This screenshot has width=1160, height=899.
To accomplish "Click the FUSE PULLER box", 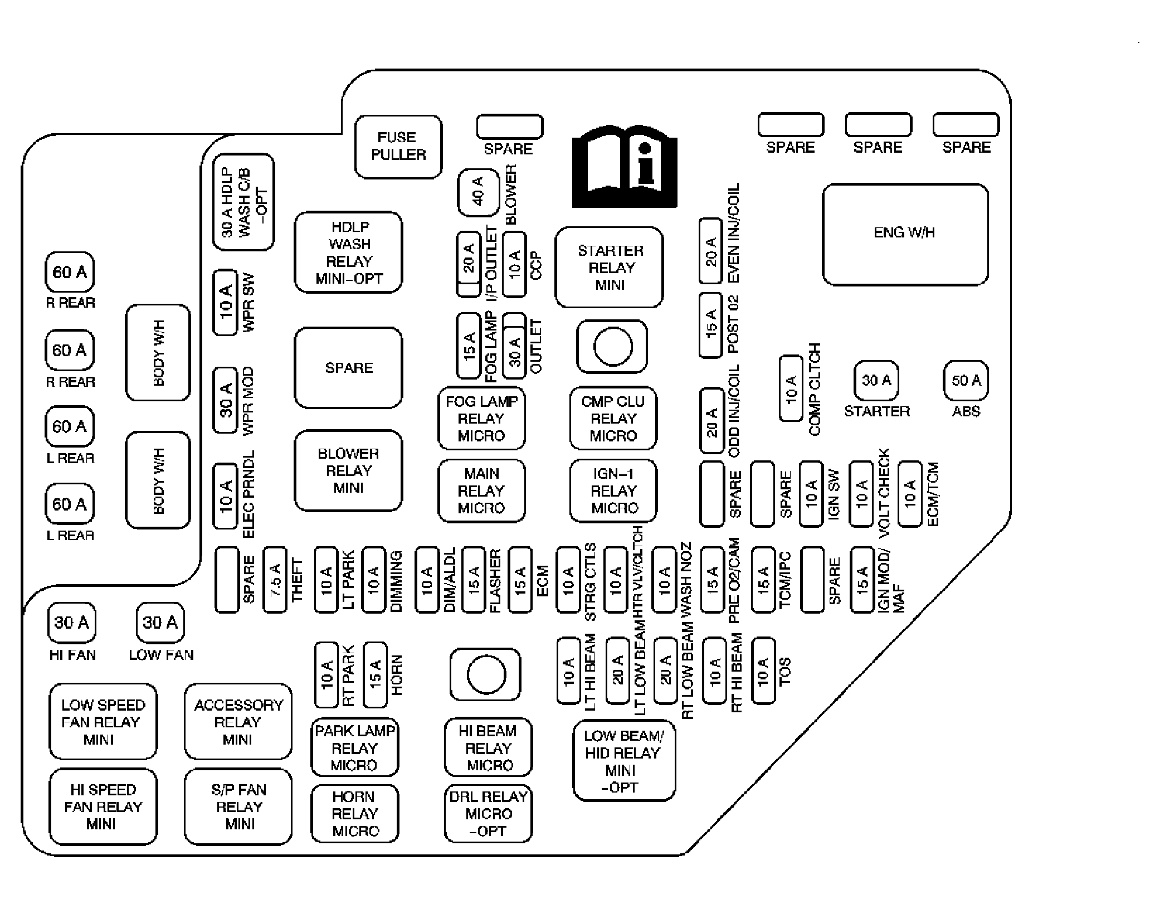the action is click(398, 147).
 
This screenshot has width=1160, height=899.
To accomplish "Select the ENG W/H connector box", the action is click(905, 234).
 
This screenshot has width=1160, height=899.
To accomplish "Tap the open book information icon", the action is click(625, 167).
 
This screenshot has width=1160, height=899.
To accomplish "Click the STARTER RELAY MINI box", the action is click(610, 267).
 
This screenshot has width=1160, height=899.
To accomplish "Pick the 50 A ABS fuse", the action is click(966, 381).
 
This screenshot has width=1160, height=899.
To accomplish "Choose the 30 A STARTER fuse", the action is click(876, 381).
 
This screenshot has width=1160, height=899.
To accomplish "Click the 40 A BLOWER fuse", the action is click(478, 192).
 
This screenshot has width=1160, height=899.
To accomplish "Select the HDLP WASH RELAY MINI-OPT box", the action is click(348, 252).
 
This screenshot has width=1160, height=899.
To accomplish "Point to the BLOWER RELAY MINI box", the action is click(348, 470).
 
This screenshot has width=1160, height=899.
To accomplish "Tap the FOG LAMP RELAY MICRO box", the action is click(481, 418).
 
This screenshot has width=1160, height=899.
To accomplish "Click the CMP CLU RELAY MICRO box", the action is click(613, 418).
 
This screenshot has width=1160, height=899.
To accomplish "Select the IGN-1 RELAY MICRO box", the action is click(613, 490).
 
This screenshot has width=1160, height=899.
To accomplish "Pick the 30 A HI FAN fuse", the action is click(72, 622).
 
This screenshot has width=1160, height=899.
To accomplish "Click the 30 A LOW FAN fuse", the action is click(160, 622).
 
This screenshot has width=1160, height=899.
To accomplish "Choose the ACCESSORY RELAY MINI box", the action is click(238, 722).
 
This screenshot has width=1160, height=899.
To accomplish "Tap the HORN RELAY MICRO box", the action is click(355, 814).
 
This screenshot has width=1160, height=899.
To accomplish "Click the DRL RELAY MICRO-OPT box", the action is click(489, 814).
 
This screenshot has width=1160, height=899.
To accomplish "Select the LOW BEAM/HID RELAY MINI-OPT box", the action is click(624, 761).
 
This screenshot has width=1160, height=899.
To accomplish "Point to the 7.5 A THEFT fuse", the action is click(275, 580).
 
